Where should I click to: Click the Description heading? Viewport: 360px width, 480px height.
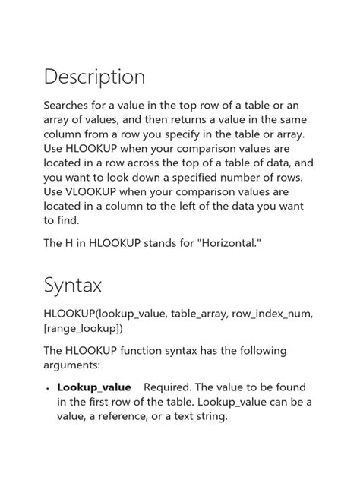click(94, 77)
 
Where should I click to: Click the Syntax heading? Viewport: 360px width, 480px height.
click(73, 286)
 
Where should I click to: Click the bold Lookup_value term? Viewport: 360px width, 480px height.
click(94, 387)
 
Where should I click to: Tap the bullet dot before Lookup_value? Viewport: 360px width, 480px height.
click(48, 388)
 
